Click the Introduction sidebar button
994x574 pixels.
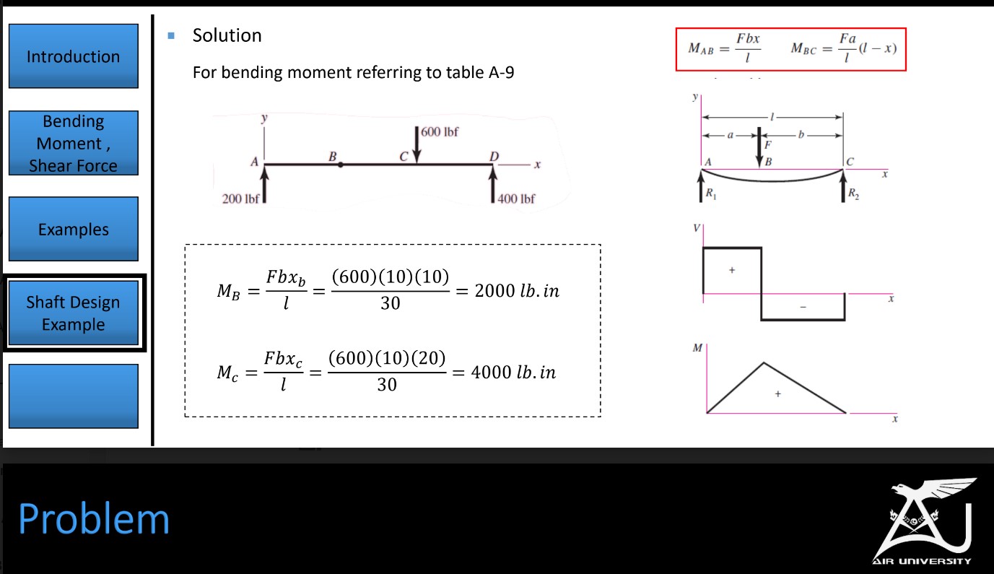click(x=73, y=56)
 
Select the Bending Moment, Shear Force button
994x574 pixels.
click(x=73, y=143)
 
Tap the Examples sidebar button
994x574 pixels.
click(x=73, y=230)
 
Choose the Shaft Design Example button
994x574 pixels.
click(x=73, y=313)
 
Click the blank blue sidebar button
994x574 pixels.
click(x=73, y=396)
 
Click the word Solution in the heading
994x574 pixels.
click(x=227, y=35)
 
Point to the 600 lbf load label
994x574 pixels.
click(x=440, y=132)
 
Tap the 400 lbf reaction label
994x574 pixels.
click(x=516, y=199)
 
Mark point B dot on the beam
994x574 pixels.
click(x=341, y=165)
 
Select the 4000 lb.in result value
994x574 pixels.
click(x=513, y=373)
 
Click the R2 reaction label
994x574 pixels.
click(x=854, y=193)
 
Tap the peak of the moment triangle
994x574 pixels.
click(x=764, y=362)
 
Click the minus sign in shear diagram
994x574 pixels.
click(x=803, y=307)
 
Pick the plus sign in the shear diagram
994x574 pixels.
click(x=731, y=269)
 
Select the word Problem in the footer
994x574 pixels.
click(x=94, y=518)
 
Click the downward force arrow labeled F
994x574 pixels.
click(x=759, y=147)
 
